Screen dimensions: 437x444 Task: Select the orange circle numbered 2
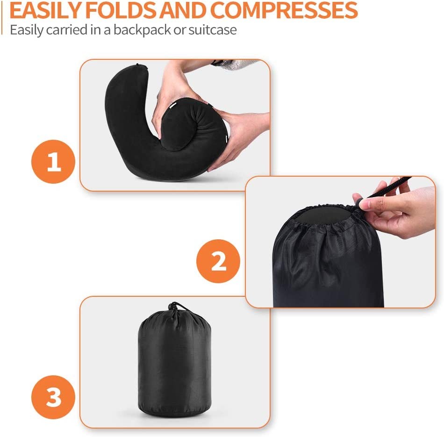[218, 261]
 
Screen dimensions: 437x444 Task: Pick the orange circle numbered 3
[53, 398]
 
